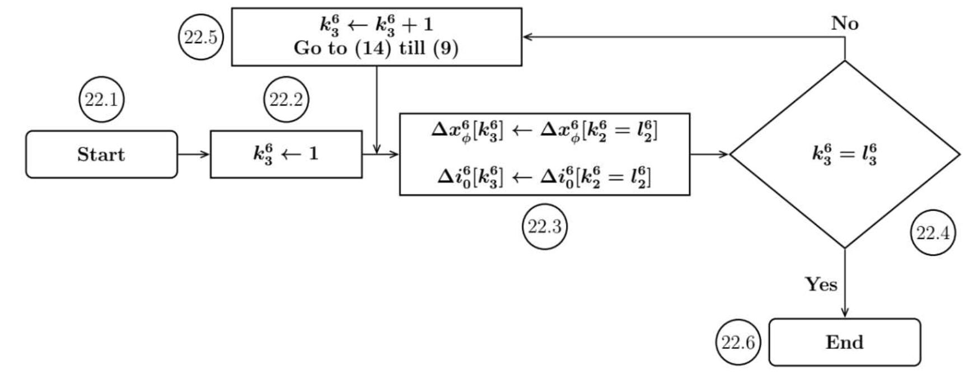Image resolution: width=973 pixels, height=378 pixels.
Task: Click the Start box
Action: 101,154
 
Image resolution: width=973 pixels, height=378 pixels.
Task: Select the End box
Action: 844,342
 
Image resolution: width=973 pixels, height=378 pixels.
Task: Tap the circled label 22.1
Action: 101,100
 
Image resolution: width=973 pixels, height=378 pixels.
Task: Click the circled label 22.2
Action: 286,100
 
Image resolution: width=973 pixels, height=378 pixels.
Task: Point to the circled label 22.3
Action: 544,226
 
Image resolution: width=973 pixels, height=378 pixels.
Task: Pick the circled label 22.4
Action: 932,232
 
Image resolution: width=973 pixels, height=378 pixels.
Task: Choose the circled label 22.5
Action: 201,38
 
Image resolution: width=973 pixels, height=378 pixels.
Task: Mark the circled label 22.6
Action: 738,342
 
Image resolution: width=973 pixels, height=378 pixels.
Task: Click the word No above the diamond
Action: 845,24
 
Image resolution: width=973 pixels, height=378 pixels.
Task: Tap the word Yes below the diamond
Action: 821,284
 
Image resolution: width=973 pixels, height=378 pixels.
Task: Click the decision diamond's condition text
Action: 844,155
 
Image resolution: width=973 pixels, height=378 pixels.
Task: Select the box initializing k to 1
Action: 286,154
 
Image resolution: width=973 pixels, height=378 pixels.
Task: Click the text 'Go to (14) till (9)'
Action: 376,48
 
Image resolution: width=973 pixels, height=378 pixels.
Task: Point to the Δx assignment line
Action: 544,131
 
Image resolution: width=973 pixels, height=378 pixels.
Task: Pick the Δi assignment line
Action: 544,177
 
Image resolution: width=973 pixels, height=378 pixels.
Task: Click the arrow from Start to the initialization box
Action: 194,154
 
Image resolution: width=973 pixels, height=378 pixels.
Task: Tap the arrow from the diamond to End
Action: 844,283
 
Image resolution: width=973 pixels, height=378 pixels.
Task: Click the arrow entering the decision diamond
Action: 710,154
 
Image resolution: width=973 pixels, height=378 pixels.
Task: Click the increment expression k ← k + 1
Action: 376,25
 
